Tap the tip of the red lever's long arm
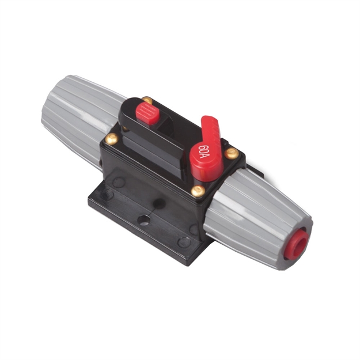point(208,121)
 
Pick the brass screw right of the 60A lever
point(232,153)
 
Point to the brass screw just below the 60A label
point(198,191)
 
